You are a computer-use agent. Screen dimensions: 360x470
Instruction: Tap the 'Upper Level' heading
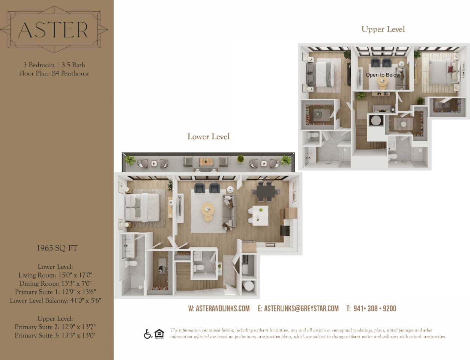383,29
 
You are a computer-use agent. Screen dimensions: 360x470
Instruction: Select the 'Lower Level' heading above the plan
208,137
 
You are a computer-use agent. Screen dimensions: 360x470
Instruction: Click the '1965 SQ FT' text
57,248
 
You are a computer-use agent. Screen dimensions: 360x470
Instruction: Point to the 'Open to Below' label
383,75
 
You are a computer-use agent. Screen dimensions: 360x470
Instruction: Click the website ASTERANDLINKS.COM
219,309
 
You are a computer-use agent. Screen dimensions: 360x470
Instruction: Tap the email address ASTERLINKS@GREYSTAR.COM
298,309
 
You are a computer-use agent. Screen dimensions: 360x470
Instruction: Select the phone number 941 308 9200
371,309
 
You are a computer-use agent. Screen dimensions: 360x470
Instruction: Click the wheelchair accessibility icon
148,334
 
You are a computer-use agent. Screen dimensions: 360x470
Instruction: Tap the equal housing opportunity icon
159,334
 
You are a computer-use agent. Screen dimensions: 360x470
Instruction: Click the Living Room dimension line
55,275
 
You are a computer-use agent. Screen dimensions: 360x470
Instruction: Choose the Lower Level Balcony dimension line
55,300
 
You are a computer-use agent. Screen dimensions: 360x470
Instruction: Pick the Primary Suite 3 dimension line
55,335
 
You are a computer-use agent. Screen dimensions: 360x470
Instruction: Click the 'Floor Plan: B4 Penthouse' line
54,73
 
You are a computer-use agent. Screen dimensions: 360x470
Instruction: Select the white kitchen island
260,216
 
